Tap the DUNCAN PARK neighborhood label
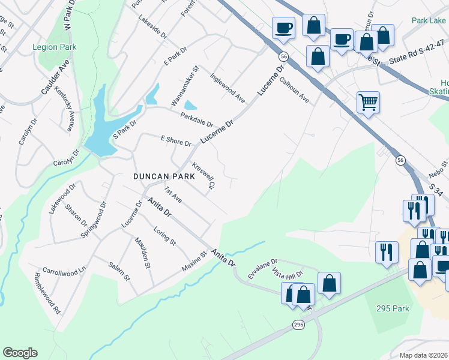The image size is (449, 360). click(x=164, y=176)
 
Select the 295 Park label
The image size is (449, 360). click(x=393, y=308)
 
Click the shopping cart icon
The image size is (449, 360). click(x=368, y=102)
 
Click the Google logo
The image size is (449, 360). click(x=20, y=352)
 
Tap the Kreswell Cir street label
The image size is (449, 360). click(x=203, y=175)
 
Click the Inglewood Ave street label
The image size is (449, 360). click(x=228, y=88)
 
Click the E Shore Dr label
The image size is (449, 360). click(x=175, y=141)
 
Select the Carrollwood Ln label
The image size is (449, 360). click(x=65, y=271)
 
